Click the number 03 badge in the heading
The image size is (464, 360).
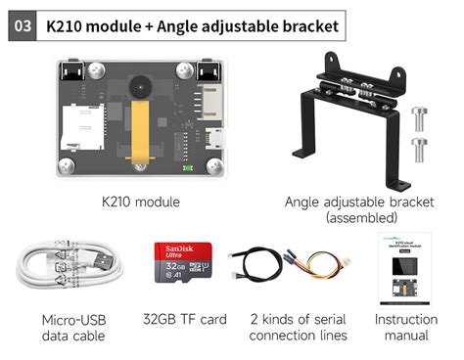(x=21, y=24)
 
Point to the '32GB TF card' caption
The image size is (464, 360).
(x=185, y=319)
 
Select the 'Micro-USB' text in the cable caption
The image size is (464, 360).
(x=73, y=319)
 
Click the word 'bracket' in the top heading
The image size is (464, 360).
(x=306, y=25)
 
